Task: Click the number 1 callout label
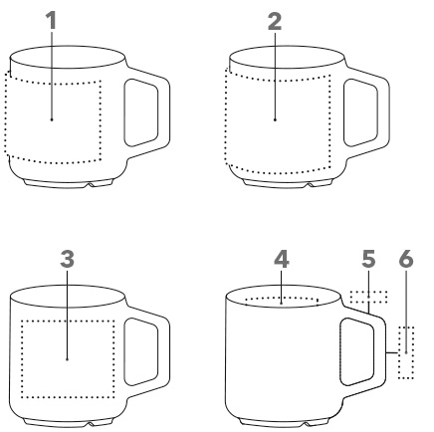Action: click(52, 20)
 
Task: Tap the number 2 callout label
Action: click(275, 22)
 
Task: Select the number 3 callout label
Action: click(67, 259)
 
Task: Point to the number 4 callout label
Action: click(282, 259)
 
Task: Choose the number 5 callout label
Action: click(368, 259)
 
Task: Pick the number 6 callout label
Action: click(406, 259)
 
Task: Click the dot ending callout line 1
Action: click(52, 119)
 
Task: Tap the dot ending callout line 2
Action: click(275, 119)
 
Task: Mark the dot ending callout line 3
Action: click(67, 359)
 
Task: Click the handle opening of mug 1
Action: click(141, 112)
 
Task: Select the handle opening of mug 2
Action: click(360, 112)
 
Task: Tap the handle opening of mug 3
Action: click(141, 351)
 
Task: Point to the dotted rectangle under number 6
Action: click(406, 352)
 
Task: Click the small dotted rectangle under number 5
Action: click(368, 297)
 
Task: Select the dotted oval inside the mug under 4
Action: click(282, 302)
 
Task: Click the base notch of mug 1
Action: click(91, 184)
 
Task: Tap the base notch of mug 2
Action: click(310, 184)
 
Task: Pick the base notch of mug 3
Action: click(91, 424)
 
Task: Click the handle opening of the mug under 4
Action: click(357, 351)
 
